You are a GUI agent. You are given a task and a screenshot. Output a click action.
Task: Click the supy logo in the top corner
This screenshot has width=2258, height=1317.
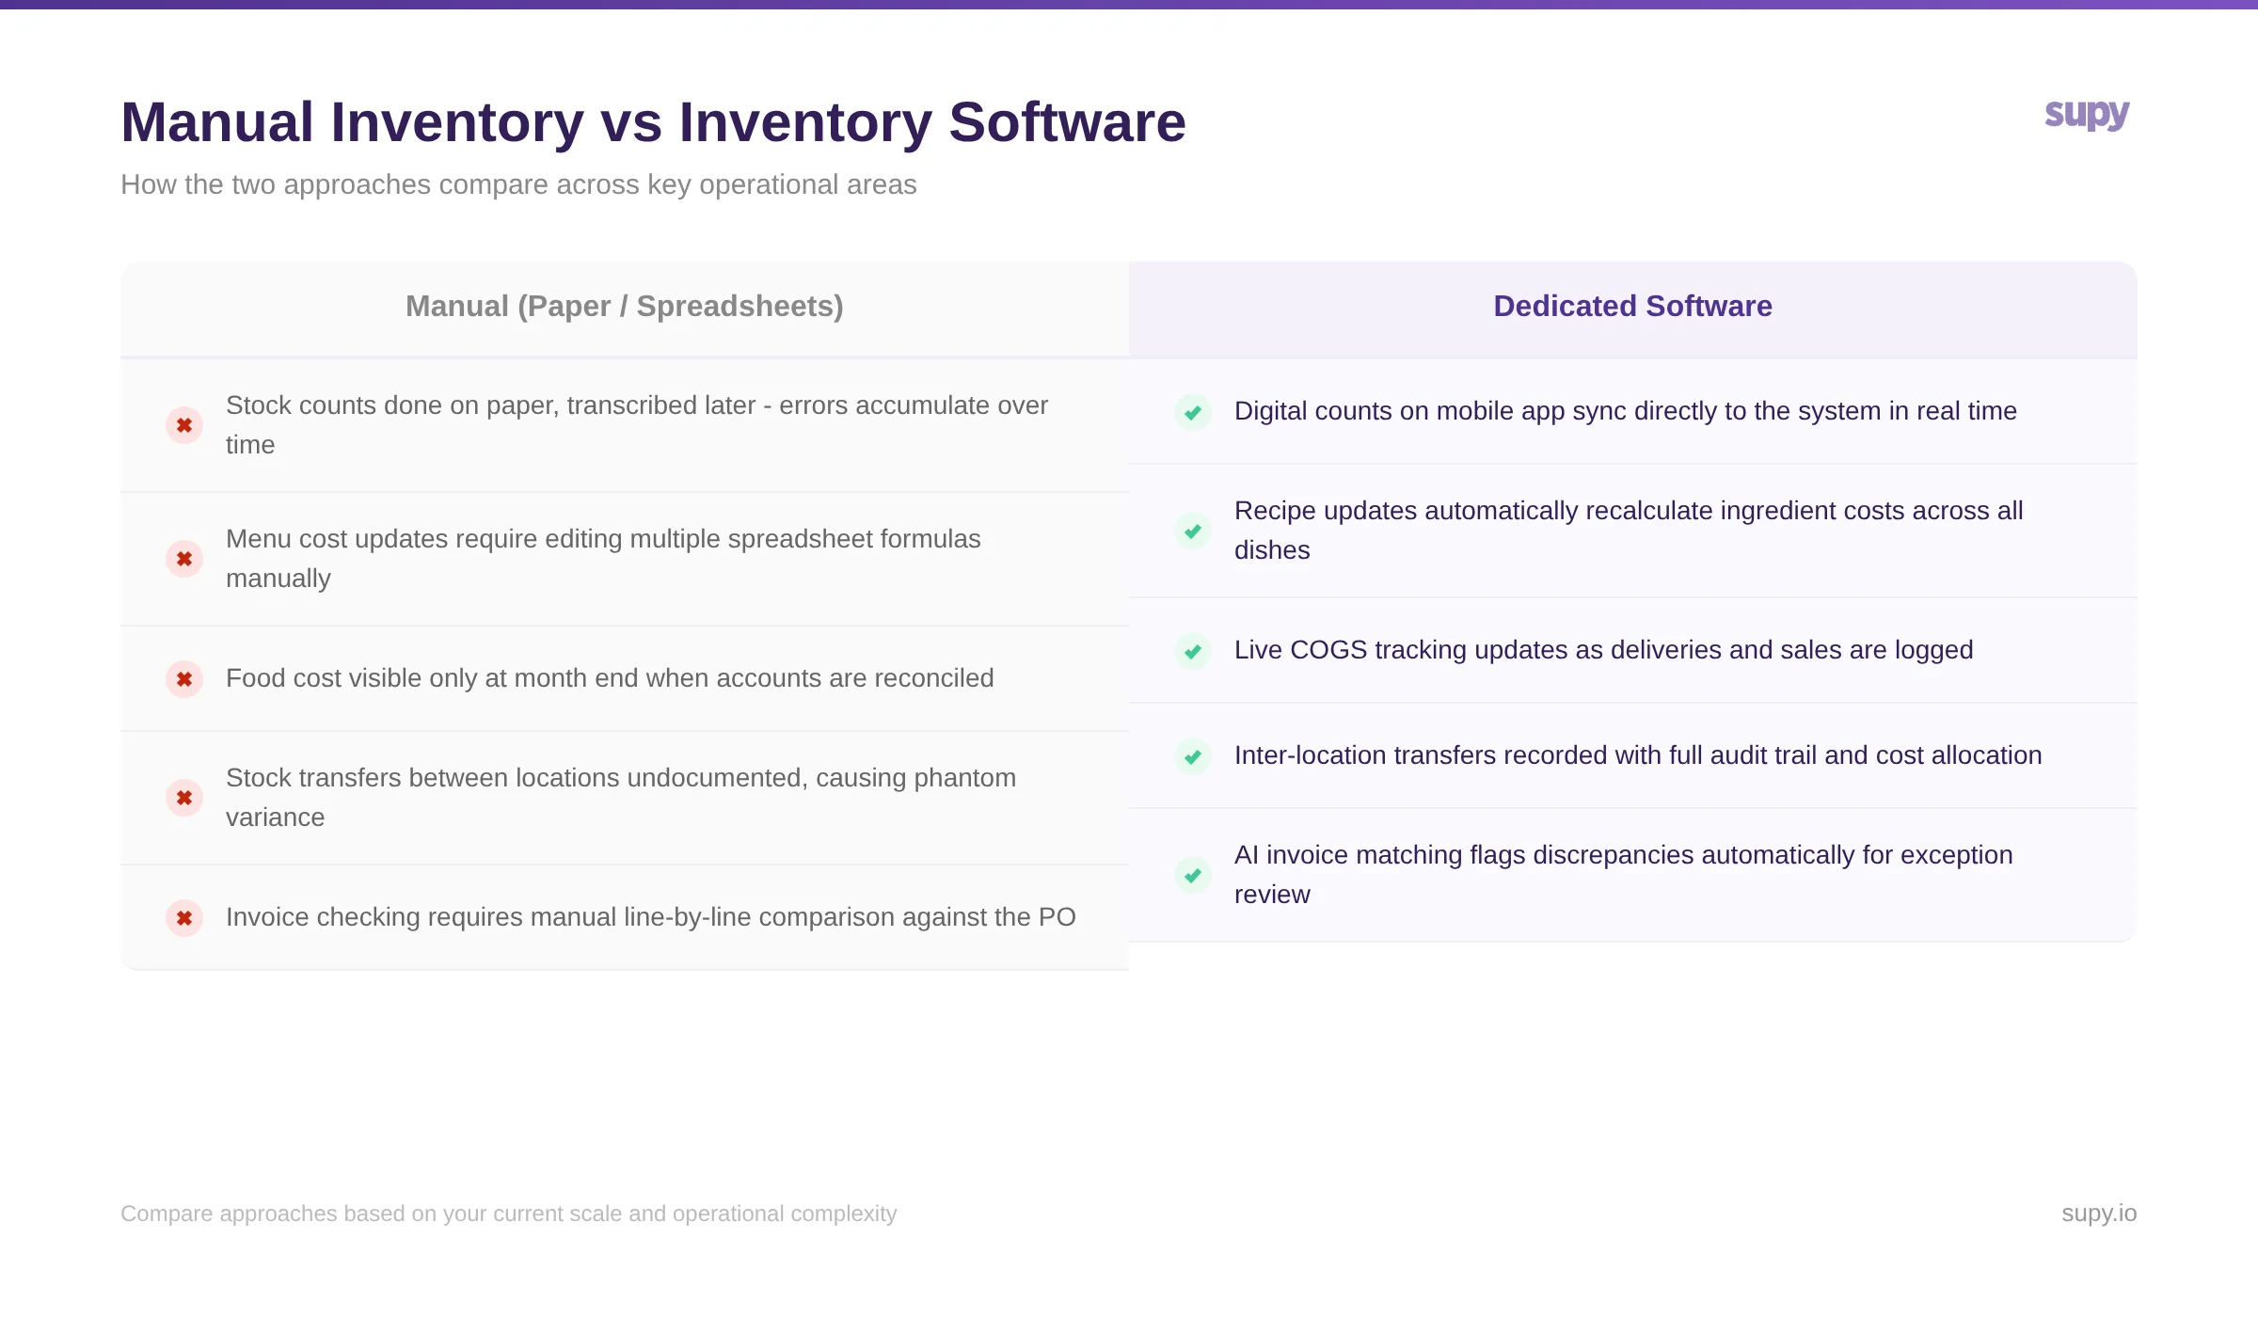pyautogui.click(x=2086, y=115)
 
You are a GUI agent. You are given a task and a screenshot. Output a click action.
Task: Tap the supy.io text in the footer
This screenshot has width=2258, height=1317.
pyautogui.click(x=2098, y=1214)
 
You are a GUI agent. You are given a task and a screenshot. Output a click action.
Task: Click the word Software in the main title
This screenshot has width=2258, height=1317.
pyautogui.click(x=1067, y=122)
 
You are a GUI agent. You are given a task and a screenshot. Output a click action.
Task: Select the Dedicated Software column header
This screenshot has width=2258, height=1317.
pyautogui.click(x=1632, y=307)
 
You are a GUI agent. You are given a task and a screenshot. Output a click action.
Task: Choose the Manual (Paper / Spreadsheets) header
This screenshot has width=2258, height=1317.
pyautogui.click(x=624, y=307)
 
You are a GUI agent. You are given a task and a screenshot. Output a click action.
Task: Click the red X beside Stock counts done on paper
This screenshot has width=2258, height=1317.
pyautogui.click(x=184, y=425)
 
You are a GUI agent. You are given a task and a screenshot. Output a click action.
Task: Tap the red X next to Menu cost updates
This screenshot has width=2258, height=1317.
pyautogui.click(x=184, y=559)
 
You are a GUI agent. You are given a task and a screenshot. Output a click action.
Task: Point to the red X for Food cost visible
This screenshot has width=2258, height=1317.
pyautogui.click(x=184, y=679)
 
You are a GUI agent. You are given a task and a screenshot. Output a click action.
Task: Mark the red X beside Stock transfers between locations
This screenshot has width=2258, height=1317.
pyautogui.click(x=184, y=798)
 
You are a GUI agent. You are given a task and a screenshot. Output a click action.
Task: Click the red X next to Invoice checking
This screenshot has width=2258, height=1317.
pyautogui.click(x=184, y=918)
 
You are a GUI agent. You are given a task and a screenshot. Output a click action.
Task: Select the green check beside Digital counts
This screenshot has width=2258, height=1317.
pyautogui.click(x=1193, y=412)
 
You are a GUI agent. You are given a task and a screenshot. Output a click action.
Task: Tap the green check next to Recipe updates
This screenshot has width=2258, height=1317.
pyautogui.click(x=1193, y=532)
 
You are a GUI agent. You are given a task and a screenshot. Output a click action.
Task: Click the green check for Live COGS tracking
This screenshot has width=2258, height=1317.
pyautogui.click(x=1193, y=651)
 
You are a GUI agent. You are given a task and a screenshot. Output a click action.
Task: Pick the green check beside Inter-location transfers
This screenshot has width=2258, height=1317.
pyautogui.click(x=1193, y=756)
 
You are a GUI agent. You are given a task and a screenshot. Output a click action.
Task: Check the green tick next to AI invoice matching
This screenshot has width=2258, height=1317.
pyautogui.click(x=1193, y=876)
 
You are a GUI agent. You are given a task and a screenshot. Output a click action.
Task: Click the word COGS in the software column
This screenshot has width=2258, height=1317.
pyautogui.click(x=1328, y=650)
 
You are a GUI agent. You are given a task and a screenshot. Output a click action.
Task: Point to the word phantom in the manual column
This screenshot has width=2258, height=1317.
pyautogui.click(x=964, y=778)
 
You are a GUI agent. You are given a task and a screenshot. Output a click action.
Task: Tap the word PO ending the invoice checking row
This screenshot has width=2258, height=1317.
pyautogui.click(x=1057, y=917)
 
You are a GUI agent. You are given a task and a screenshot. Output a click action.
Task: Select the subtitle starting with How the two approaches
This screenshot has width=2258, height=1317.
pyautogui.click(x=518, y=184)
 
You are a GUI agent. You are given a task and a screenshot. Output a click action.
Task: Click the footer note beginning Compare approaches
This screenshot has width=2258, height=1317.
pyautogui.click(x=508, y=1214)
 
